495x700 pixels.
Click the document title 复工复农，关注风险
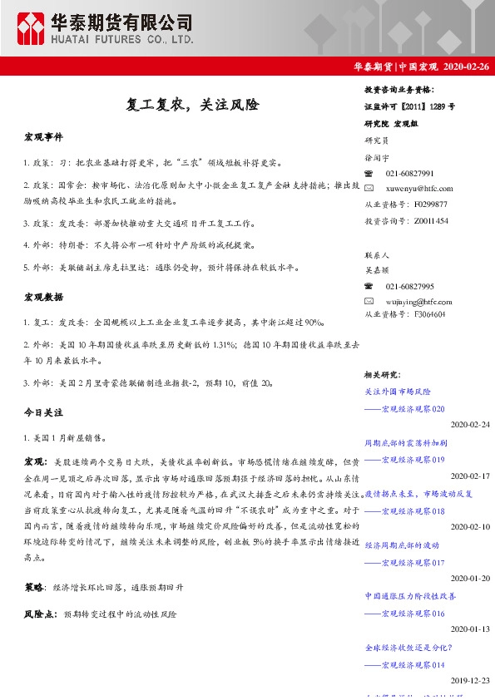point(192,106)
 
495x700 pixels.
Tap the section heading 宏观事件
point(43,136)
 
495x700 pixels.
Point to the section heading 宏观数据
point(43,297)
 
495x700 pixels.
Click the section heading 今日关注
point(43,412)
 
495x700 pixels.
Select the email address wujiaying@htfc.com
point(421,300)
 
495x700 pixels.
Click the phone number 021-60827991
point(410,173)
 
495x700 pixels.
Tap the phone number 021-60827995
point(410,286)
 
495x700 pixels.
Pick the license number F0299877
point(431,204)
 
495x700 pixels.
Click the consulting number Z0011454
point(431,220)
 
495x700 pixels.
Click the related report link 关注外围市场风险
point(398,391)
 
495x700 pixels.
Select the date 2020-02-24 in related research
point(470,425)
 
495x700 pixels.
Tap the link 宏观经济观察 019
point(405,460)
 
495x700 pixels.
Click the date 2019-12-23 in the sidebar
point(470,681)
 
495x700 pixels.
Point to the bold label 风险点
point(40,614)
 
